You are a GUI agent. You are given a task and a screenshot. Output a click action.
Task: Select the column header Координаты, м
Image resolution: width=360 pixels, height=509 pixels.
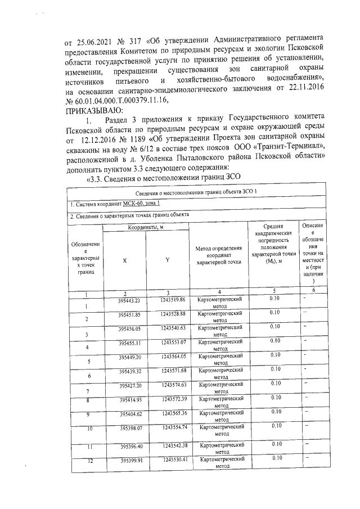pyautogui.click(x=145, y=227)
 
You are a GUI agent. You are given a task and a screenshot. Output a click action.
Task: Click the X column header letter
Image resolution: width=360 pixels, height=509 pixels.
pyautogui.click(x=124, y=260)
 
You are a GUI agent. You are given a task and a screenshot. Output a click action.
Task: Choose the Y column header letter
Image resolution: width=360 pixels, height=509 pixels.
pyautogui.click(x=167, y=260)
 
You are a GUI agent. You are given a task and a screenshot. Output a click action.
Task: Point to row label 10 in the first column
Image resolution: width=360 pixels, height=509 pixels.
pyautogui.click(x=88, y=428)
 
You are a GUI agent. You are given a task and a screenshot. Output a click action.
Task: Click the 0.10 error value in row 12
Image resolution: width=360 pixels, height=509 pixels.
pyautogui.click(x=275, y=458)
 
